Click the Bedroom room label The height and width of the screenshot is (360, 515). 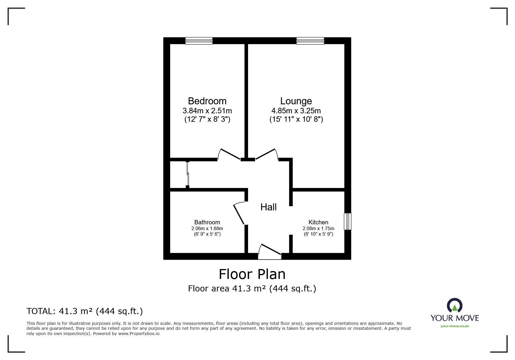point(207,101)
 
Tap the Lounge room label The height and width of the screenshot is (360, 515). point(296,101)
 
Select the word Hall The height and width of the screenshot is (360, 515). point(268,207)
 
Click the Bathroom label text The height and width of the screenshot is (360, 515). point(207,222)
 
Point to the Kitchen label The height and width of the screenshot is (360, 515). point(318,222)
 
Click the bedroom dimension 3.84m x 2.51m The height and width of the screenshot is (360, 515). point(207,111)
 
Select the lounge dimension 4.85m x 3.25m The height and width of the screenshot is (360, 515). point(296,111)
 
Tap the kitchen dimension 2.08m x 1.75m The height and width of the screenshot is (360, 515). point(318,228)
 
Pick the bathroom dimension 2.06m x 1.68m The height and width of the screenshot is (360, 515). point(207,228)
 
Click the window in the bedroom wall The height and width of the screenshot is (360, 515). point(199,41)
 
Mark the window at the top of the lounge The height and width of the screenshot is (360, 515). point(310,41)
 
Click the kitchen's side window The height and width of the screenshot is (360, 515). point(348,221)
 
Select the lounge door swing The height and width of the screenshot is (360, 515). point(266,154)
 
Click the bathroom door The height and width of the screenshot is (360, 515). point(239,214)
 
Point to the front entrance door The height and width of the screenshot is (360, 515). point(270,250)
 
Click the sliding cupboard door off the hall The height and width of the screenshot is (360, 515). point(188,174)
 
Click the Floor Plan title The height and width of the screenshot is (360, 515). point(252,274)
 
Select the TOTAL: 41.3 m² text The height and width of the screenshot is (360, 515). point(85,311)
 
